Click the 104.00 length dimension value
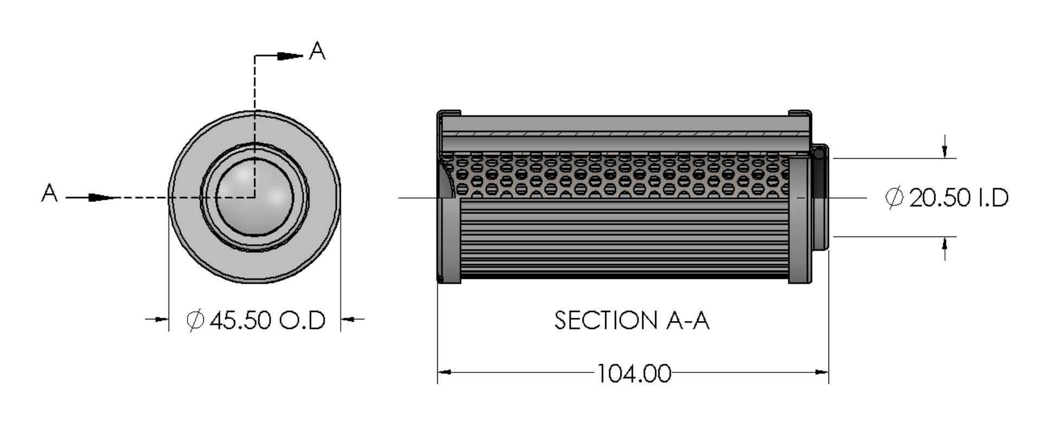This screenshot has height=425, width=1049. tap(633, 374)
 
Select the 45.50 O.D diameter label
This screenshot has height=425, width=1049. tap(267, 320)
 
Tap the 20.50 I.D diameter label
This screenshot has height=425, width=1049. tap(958, 198)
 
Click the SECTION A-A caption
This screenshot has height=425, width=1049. tap(631, 321)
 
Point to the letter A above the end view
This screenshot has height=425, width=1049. tap(317, 51)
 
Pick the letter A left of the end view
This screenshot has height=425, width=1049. tap(49, 193)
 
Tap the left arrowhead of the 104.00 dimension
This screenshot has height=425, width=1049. tap(445, 372)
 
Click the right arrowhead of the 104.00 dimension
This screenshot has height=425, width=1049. tap(821, 372)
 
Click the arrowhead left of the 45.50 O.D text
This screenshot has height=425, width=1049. tap(161, 319)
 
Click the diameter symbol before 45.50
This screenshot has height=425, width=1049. tap(195, 320)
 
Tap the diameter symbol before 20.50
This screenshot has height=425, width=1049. tap(894, 198)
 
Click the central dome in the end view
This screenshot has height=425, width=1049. tap(254, 197)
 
